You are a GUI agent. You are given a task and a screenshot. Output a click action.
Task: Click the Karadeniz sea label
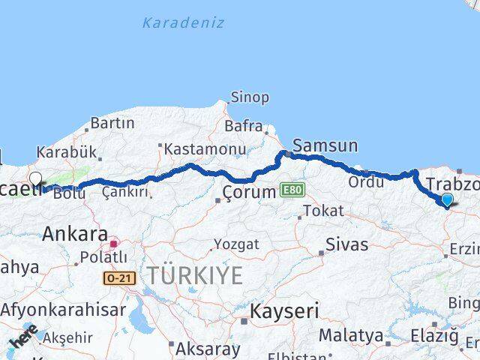click(x=182, y=22)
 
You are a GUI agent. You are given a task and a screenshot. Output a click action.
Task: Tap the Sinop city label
click(x=250, y=97)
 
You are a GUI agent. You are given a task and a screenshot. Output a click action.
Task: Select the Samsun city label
click(x=325, y=145)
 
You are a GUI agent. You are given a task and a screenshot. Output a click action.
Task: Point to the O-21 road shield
click(x=118, y=278)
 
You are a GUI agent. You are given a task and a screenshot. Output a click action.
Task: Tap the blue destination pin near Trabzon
click(x=448, y=199)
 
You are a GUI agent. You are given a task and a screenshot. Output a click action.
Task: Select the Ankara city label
click(x=75, y=233)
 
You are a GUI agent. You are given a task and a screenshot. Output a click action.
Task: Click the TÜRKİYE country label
click(x=194, y=275)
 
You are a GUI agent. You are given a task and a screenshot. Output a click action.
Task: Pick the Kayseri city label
click(x=284, y=310)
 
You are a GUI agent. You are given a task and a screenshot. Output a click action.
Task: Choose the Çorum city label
click(x=250, y=193)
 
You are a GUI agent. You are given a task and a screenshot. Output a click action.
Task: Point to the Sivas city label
click(x=347, y=244)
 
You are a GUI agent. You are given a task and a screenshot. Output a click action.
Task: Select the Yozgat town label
click(x=236, y=244)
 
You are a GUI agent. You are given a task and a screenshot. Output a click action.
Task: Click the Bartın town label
click(x=112, y=123)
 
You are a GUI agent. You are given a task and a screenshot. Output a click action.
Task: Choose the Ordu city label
click(x=366, y=182)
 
